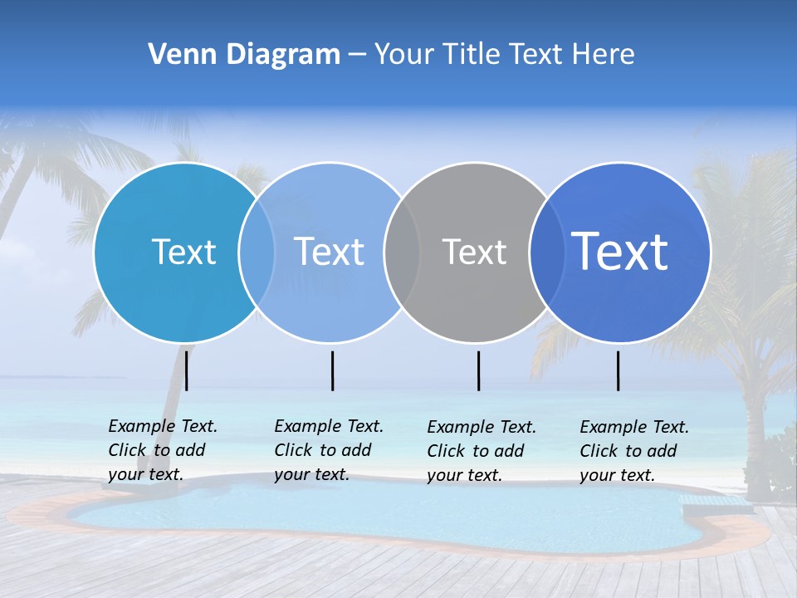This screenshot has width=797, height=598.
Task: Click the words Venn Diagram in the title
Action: tap(244, 55)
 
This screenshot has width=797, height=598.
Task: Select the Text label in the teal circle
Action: tap(183, 252)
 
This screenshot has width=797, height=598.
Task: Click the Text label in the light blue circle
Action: tap(329, 252)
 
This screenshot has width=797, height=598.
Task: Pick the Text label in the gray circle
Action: tap(474, 252)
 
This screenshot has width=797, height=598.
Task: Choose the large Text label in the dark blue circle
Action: tap(619, 252)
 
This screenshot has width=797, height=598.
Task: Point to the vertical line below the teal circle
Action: tap(187, 370)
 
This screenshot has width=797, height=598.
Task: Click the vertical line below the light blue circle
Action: tap(332, 370)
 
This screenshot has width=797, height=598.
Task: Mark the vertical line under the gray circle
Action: tap(478, 370)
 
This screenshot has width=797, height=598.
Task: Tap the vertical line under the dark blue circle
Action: tap(618, 370)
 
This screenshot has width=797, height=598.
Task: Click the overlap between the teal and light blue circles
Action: tap(257, 252)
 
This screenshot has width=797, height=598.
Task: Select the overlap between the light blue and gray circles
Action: tap(402, 252)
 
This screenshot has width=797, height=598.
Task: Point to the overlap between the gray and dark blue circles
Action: tap(546, 252)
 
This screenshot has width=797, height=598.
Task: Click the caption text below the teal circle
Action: tap(163, 450)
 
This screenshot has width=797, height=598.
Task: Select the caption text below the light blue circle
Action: tap(329, 450)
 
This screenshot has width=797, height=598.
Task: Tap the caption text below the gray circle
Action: tap(482, 451)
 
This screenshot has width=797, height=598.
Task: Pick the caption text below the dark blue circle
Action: tap(634, 451)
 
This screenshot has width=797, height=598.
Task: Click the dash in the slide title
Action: tap(356, 55)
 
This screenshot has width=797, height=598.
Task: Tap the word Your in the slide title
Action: tap(404, 55)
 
